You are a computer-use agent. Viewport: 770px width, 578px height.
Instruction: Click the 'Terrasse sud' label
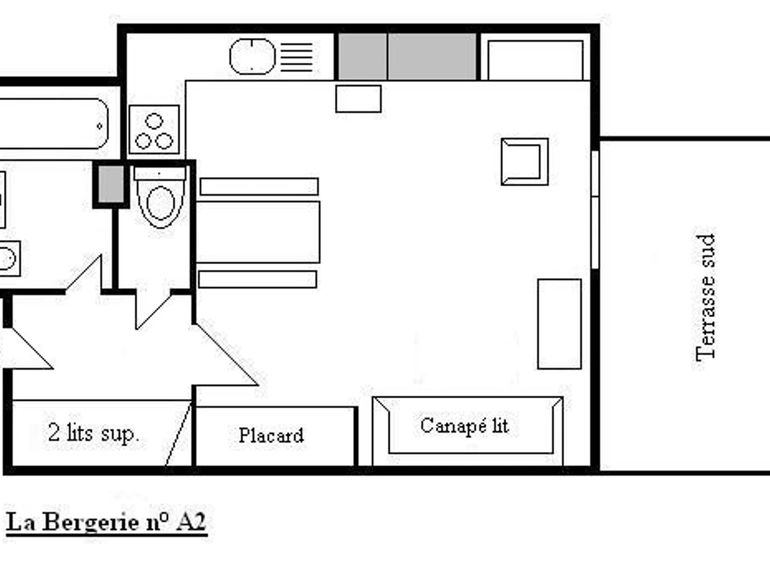pyautogui.click(x=705, y=297)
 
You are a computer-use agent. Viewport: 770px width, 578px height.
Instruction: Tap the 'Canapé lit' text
pyautogui.click(x=465, y=425)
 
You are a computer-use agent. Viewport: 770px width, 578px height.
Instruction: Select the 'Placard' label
pyautogui.click(x=271, y=435)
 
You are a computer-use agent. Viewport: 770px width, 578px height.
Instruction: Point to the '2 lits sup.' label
pyautogui.click(x=94, y=433)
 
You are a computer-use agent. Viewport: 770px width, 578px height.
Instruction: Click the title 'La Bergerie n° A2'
pyautogui.click(x=107, y=522)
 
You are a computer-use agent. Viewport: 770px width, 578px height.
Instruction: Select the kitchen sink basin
pyautogui.click(x=252, y=56)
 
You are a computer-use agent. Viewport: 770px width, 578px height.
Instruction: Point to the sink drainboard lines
pyautogui.click(x=297, y=57)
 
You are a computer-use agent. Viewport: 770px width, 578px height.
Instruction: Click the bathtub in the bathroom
pyautogui.click(x=55, y=124)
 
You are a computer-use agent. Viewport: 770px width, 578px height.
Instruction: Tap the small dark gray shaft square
pyautogui.click(x=112, y=184)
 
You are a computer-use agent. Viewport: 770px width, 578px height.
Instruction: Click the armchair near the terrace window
pyautogui.click(x=524, y=162)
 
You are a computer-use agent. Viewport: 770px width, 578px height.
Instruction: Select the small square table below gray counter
pyautogui.click(x=358, y=99)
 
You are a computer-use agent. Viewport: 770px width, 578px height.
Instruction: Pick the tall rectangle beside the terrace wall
pyautogui.click(x=559, y=324)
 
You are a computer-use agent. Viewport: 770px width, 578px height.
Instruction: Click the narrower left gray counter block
pyautogui.click(x=363, y=57)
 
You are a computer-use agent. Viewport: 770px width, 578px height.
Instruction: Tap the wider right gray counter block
pyautogui.click(x=432, y=57)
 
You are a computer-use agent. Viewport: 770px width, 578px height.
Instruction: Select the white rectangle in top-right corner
pyautogui.click(x=535, y=60)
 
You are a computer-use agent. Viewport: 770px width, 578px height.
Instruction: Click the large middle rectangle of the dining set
pyautogui.click(x=257, y=232)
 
